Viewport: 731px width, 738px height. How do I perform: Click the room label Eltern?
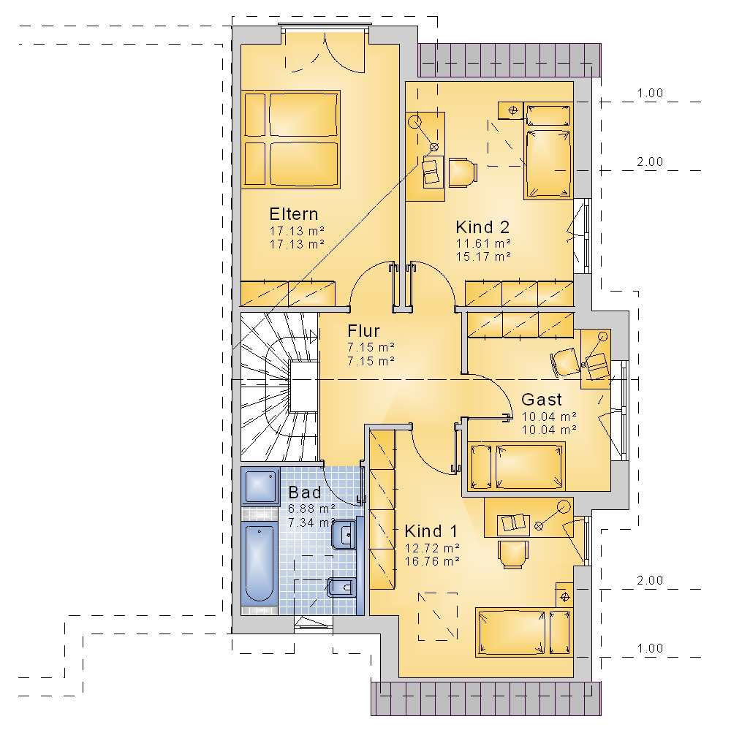[x=293, y=214]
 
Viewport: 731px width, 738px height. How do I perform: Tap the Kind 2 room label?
[x=482, y=227]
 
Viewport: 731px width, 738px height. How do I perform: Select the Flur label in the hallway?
[x=363, y=331]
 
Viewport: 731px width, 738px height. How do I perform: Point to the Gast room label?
[x=541, y=400]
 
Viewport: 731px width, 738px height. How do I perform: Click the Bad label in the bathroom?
[x=305, y=492]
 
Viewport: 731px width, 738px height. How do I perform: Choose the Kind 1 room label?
[x=431, y=531]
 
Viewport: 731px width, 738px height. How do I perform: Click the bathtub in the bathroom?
[x=260, y=563]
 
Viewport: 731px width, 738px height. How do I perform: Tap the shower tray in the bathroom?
[x=260, y=486]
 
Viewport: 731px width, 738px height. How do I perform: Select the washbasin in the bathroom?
[x=344, y=535]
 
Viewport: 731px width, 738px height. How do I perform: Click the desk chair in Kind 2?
[x=463, y=172]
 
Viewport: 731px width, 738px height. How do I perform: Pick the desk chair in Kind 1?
[x=512, y=554]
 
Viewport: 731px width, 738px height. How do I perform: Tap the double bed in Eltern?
[x=290, y=140]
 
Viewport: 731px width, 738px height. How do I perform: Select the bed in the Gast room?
[x=516, y=466]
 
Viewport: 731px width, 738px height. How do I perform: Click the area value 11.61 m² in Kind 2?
[x=483, y=244]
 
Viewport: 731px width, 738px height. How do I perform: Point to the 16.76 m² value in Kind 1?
[x=432, y=561]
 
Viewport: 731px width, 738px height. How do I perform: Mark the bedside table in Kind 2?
[x=512, y=111]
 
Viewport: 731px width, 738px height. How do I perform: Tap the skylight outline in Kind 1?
[x=438, y=616]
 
